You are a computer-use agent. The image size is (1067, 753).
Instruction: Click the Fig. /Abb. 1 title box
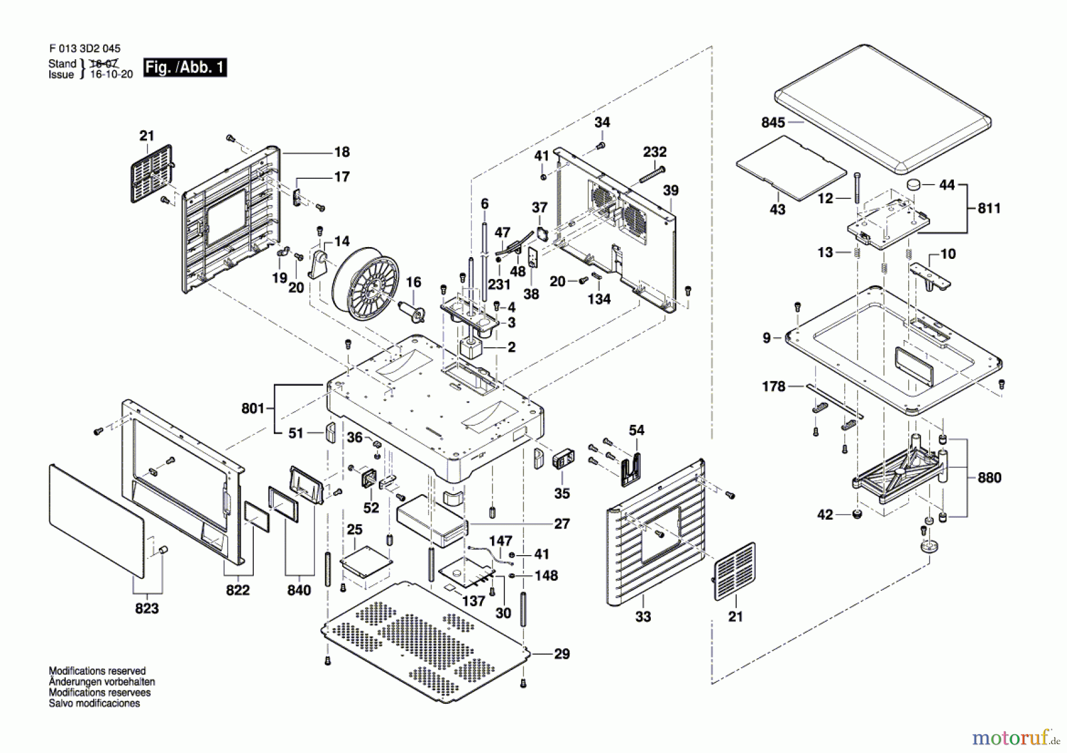click(x=185, y=68)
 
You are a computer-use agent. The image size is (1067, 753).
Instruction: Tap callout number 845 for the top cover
click(x=773, y=123)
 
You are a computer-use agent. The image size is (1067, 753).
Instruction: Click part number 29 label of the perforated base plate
click(x=561, y=654)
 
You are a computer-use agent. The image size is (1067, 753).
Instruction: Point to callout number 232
click(x=654, y=152)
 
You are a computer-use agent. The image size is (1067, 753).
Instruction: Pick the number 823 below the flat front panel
click(x=146, y=608)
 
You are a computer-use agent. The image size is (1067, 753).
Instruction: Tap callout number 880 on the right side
click(x=989, y=478)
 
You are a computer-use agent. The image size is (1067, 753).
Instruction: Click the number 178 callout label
click(x=773, y=386)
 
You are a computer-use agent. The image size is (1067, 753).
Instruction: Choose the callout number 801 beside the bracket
click(x=253, y=408)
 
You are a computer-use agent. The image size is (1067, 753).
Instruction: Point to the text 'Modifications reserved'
click(x=97, y=671)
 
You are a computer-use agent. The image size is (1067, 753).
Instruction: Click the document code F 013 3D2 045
click(x=85, y=49)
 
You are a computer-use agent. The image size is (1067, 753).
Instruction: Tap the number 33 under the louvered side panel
click(x=643, y=617)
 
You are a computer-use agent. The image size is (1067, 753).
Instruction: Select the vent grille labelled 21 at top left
click(x=151, y=173)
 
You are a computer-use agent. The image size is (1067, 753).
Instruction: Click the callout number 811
click(x=989, y=208)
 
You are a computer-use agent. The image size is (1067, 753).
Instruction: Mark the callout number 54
click(x=636, y=430)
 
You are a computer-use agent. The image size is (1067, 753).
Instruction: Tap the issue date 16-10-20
click(x=111, y=75)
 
